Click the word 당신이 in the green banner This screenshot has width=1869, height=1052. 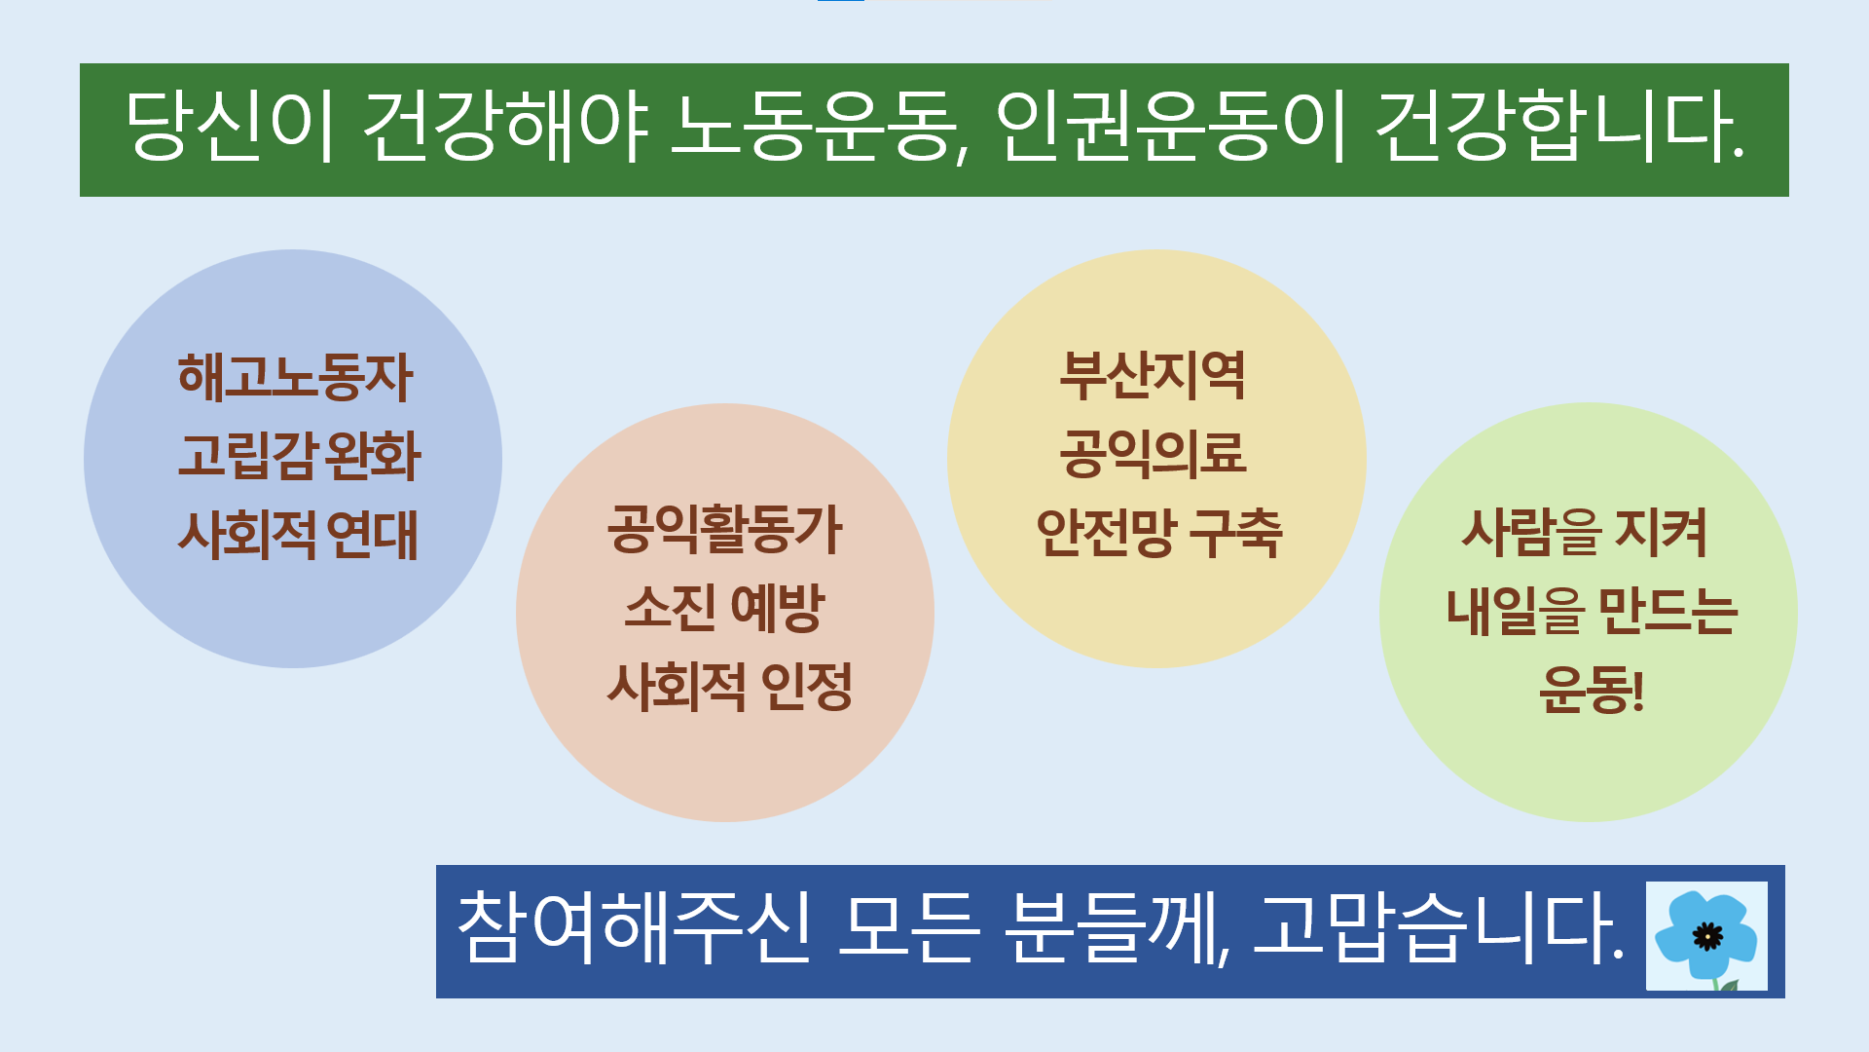click(x=231, y=128)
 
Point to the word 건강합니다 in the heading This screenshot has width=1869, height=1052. click(x=1557, y=128)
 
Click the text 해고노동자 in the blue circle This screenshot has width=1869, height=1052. click(x=295, y=377)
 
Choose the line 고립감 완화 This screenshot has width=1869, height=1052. click(x=299, y=456)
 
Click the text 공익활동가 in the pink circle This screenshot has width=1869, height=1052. click(x=724, y=530)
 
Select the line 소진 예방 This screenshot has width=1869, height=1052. click(x=724, y=608)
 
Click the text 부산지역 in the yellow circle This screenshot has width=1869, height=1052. click(x=1153, y=376)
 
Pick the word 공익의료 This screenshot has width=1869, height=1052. click(x=1153, y=454)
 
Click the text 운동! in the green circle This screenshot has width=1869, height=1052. click(x=1591, y=690)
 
